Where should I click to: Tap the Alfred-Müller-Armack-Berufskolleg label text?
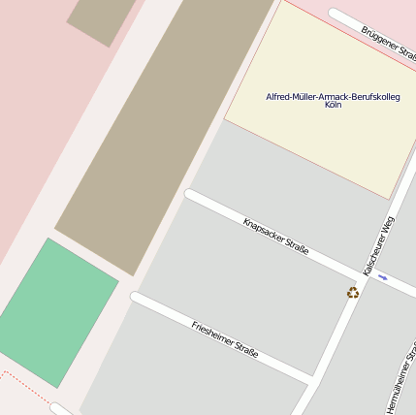pos(333,97)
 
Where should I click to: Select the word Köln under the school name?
pos(333,105)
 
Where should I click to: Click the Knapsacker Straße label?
pos(276,236)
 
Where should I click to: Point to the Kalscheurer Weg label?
pos(378,243)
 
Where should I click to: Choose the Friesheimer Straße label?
pos(225,339)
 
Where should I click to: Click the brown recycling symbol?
pos(353,293)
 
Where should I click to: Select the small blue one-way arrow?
pos(383,278)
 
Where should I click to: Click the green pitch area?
pos(58,310)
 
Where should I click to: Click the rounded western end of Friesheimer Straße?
pos(137,298)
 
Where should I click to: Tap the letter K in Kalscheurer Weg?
pos(366,271)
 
